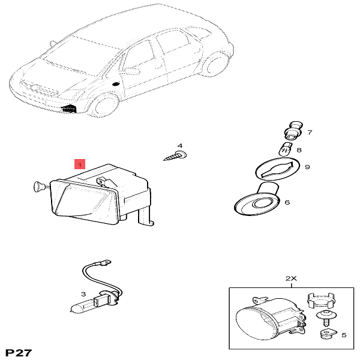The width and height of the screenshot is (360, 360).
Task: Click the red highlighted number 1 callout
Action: (80, 164)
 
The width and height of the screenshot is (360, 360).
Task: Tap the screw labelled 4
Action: (176, 155)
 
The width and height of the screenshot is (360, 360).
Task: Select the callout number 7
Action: (310, 132)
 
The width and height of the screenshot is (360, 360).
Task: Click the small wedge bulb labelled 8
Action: (285, 149)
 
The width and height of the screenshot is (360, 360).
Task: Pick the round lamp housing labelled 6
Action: (257, 200)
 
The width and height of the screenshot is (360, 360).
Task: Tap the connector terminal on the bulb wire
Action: (106, 262)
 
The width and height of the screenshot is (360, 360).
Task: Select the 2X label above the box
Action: (291, 278)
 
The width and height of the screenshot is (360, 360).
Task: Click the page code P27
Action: (19, 353)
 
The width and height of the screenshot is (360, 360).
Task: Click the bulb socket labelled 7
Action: (293, 131)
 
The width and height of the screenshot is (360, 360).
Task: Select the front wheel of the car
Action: (104, 106)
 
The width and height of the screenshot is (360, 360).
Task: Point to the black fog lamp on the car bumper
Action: (70, 109)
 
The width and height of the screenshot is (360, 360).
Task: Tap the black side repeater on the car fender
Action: (116, 83)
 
